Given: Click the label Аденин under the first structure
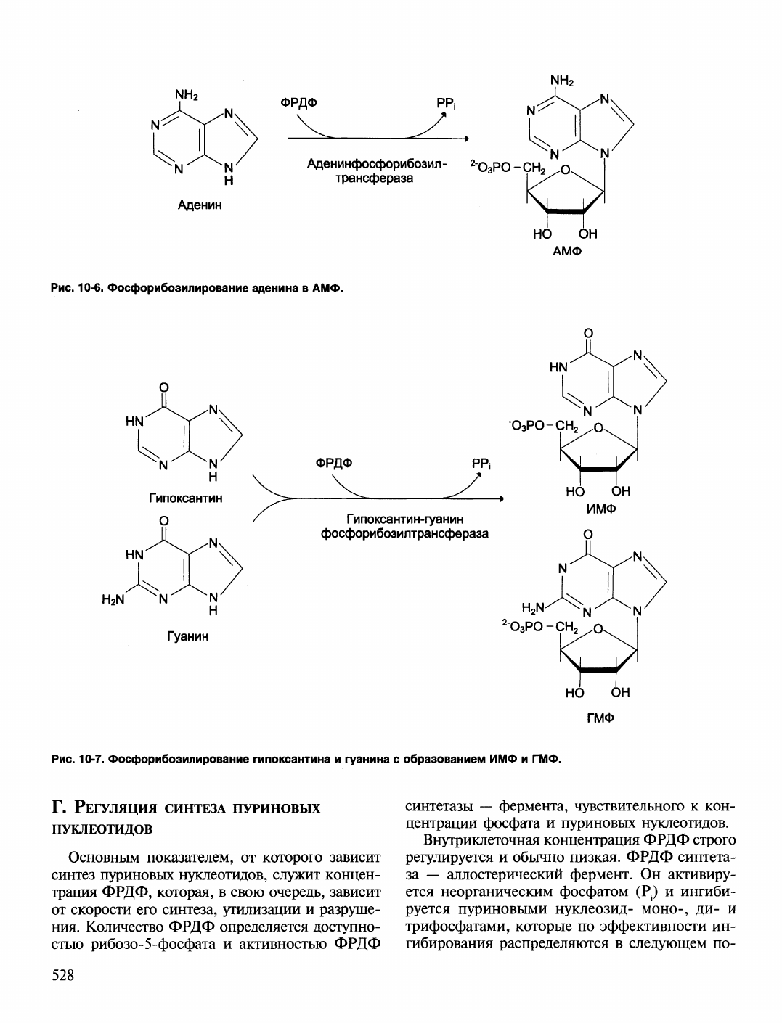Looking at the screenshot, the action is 200,205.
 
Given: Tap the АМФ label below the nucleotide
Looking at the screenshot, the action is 567,251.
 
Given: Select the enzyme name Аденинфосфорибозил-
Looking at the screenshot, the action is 377,164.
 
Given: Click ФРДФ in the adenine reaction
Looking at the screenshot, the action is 298,102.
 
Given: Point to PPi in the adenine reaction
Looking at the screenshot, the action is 447,104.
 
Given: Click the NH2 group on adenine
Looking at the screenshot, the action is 187,95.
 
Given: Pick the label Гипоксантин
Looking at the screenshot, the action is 186,498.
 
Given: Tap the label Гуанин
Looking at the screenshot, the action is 187,636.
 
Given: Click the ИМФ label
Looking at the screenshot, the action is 601,509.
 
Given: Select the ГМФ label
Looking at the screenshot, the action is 600,718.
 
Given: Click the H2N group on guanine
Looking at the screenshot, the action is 113,599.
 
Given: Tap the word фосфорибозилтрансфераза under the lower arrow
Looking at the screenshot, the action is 404,534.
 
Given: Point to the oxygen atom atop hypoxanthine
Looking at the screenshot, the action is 163,387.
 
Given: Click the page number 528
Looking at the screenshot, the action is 63,974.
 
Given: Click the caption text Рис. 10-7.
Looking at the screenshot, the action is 78,759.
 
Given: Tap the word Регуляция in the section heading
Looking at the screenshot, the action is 116,808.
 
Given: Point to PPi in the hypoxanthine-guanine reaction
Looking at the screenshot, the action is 481,464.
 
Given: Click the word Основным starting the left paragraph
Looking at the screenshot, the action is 104,858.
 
